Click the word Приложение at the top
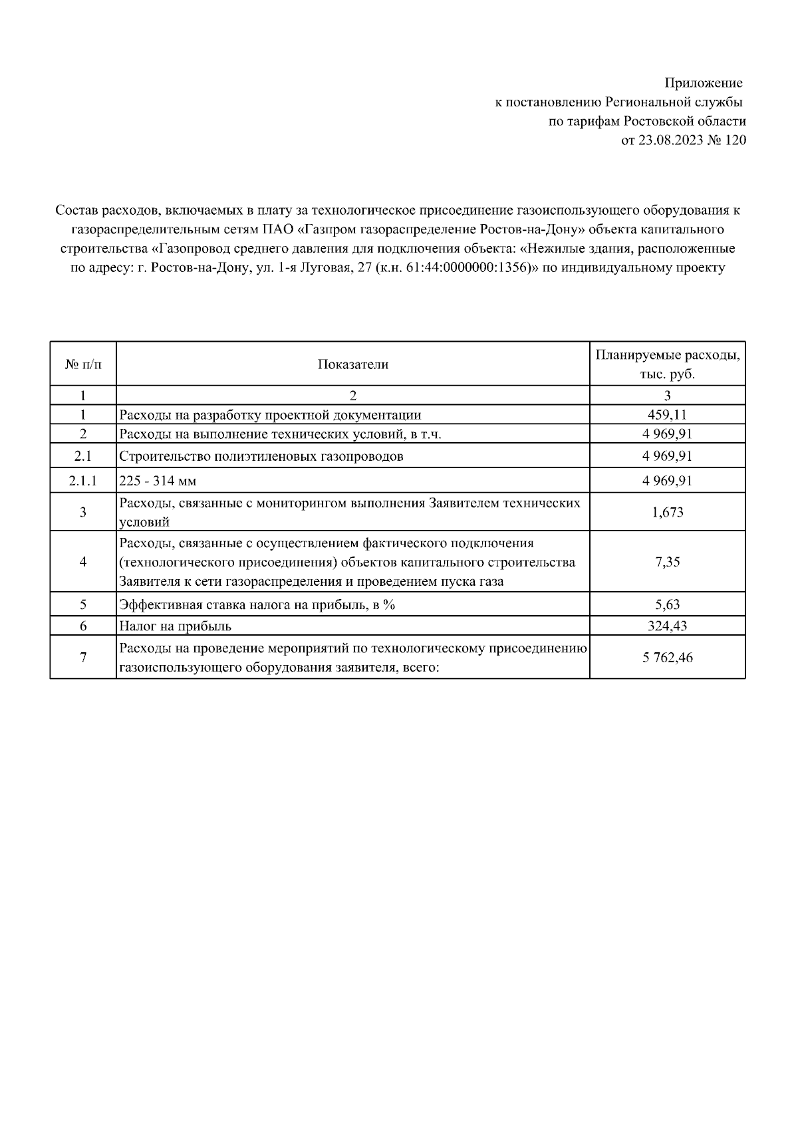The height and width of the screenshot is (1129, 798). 704,83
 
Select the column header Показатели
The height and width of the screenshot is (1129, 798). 352,364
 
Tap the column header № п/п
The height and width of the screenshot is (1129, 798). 83,364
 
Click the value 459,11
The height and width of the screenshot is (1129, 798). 667,415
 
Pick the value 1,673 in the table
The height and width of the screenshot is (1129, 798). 667,512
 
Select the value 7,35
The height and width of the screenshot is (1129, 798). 667,562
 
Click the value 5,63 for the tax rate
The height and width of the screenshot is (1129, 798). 667,604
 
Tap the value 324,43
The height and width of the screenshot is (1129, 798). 667,626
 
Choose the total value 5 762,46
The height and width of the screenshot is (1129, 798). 667,658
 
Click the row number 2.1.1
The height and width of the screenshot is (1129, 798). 83,481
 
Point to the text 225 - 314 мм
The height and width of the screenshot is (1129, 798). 158,481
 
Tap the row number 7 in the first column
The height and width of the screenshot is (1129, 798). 83,658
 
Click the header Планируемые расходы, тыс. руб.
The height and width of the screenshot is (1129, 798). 667,364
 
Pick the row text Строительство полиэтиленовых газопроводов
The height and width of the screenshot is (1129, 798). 261,457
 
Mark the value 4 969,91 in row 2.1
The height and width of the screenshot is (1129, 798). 667,457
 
